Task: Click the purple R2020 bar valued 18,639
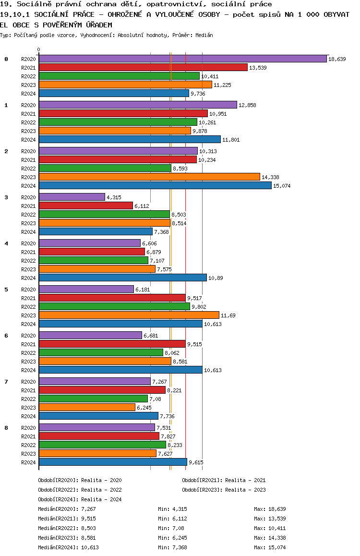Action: [182, 59]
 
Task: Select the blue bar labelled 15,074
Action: [155, 185]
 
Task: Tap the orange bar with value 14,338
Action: [149, 177]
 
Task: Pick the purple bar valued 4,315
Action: [72, 197]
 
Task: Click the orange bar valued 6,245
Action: [87, 407]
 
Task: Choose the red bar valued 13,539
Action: [143, 67]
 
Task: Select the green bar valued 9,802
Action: [114, 306]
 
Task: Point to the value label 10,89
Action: [216, 278]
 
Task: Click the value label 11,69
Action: [228, 315]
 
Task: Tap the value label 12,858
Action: [247, 105]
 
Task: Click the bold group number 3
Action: [6, 197]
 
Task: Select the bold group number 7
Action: [6, 382]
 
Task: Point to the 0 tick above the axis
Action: [39, 49]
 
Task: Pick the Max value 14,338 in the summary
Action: [277, 538]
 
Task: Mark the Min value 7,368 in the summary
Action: [180, 547]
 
